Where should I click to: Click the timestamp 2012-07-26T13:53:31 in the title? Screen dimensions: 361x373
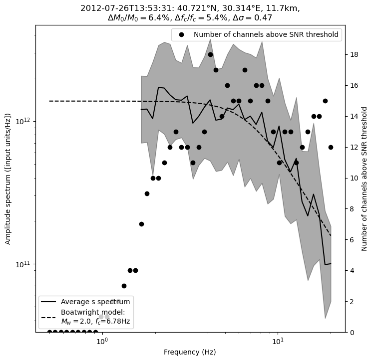116,8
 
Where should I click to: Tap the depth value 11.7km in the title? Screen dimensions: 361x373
283,8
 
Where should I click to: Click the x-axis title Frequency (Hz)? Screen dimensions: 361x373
190,352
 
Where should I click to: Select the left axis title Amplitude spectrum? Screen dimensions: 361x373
8,179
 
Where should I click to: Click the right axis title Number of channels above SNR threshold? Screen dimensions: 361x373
365,179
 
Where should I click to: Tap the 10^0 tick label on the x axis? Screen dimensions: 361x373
102,342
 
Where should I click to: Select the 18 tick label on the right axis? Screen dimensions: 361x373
354,54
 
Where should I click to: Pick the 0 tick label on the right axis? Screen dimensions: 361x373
352,333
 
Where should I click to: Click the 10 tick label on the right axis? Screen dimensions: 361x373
354,178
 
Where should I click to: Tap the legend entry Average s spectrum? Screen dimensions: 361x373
95,302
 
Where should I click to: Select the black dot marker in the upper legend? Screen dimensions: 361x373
182,35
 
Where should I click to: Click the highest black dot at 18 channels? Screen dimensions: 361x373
210,54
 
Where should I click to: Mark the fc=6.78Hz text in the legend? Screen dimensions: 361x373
113,322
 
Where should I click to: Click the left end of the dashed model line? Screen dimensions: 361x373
49,101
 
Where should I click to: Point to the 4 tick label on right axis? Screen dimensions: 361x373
352,271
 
